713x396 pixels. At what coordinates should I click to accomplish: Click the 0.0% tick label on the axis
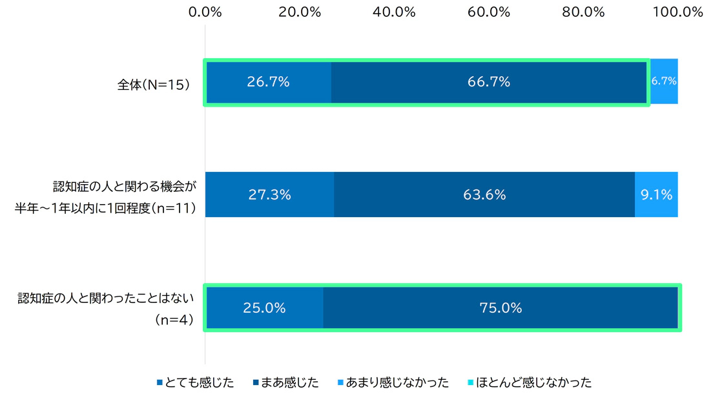click(x=206, y=12)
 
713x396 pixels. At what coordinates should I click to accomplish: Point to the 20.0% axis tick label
click(x=301, y=12)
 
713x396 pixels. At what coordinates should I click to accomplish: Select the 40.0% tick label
click(x=395, y=12)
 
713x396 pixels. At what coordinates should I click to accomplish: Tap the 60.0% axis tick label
click(x=490, y=12)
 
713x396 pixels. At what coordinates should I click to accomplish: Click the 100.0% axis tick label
click(x=677, y=12)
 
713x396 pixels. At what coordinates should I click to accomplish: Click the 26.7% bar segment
click(x=268, y=82)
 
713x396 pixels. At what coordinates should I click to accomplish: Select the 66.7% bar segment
click(x=490, y=82)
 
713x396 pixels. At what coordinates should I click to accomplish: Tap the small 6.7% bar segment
click(x=664, y=82)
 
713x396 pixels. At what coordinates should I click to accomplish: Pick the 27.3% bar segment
click(x=269, y=194)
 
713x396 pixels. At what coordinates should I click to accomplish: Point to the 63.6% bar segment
click(x=484, y=194)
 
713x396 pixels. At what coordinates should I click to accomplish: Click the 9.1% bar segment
click(x=657, y=194)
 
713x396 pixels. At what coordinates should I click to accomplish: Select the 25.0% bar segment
click(x=264, y=308)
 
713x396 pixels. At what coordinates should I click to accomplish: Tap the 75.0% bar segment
click(x=501, y=308)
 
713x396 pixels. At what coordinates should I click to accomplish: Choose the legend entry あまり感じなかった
click(x=393, y=382)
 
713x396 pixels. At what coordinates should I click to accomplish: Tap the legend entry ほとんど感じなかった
click(x=528, y=382)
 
